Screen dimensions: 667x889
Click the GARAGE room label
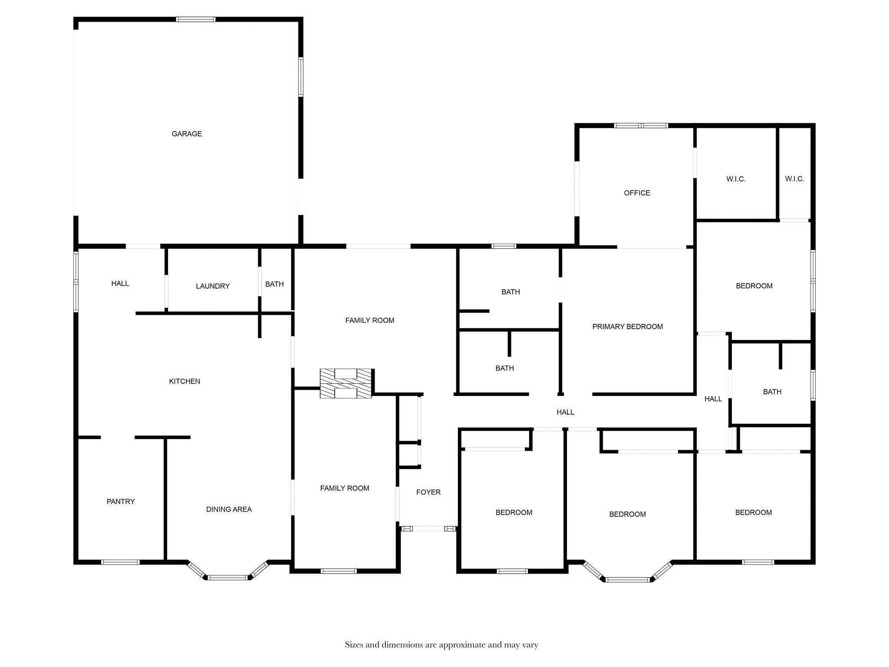[187, 134]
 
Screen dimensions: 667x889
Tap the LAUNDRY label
[212, 286]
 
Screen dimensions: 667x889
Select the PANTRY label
[121, 502]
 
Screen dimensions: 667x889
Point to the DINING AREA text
[229, 509]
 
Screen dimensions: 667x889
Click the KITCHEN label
[184, 381]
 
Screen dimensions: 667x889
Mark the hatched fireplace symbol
[346, 383]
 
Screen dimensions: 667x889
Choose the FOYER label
[428, 492]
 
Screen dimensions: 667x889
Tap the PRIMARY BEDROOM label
[627, 327]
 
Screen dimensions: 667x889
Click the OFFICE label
[637, 193]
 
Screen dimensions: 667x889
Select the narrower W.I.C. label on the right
[794, 179]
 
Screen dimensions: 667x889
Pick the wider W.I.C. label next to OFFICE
[736, 179]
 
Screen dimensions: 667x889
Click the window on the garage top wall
[195, 19]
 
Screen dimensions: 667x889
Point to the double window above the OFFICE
[641, 125]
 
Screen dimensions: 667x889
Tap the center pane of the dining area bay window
[228, 578]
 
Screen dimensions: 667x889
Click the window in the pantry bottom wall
[120, 562]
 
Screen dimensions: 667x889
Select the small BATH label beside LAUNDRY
[274, 284]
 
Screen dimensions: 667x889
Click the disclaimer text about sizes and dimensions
[441, 645]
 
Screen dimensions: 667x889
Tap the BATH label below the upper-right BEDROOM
[772, 392]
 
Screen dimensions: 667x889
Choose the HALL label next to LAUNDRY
[120, 284]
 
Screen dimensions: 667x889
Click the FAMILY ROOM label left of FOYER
[345, 488]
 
